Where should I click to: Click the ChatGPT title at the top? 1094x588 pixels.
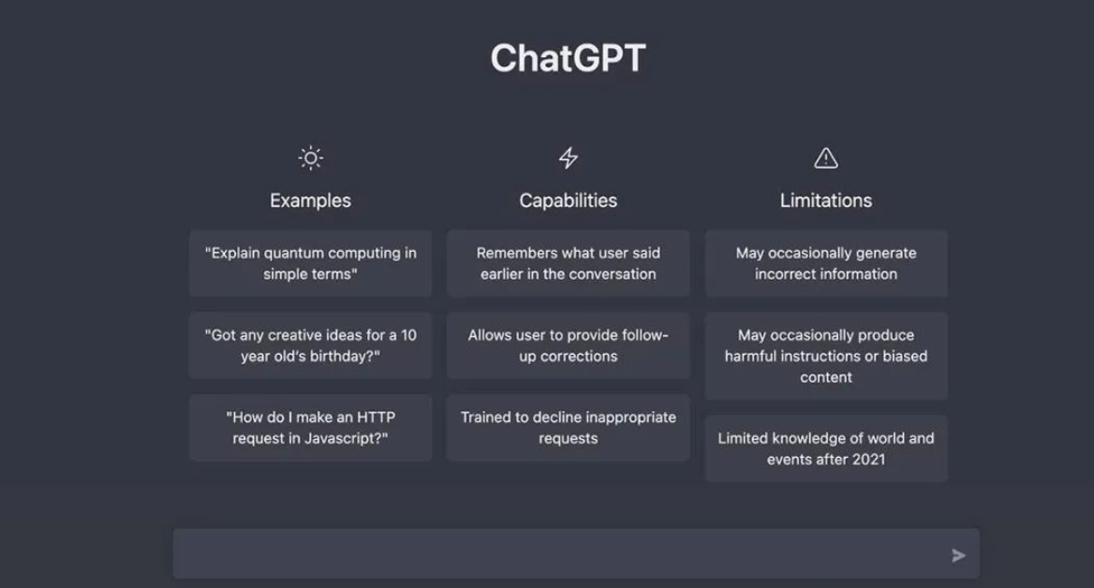[568, 58]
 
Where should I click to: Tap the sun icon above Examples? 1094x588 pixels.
[310, 157]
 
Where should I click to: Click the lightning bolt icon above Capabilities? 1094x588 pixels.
[568, 157]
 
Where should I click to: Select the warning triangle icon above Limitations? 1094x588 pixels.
[826, 158]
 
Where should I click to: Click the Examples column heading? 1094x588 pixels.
[310, 201]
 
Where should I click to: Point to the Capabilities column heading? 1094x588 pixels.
[568, 201]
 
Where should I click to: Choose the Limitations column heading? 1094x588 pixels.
[826, 201]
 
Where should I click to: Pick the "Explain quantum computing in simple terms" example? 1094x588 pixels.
[310, 264]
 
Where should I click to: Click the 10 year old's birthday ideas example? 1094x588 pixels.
[310, 345]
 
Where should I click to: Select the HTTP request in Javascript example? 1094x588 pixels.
[310, 428]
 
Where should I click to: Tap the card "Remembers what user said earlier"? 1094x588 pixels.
[568, 264]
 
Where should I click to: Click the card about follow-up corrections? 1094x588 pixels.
[568, 345]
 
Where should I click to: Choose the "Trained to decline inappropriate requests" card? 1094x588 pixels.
[568, 428]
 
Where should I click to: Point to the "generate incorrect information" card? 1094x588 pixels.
[826, 264]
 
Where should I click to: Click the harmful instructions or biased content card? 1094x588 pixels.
[826, 356]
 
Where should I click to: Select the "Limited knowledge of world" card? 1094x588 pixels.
[826, 448]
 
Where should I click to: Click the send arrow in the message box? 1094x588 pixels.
[958, 555]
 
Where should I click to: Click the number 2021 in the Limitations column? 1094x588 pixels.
[868, 460]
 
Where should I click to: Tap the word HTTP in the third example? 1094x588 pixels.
[377, 417]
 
